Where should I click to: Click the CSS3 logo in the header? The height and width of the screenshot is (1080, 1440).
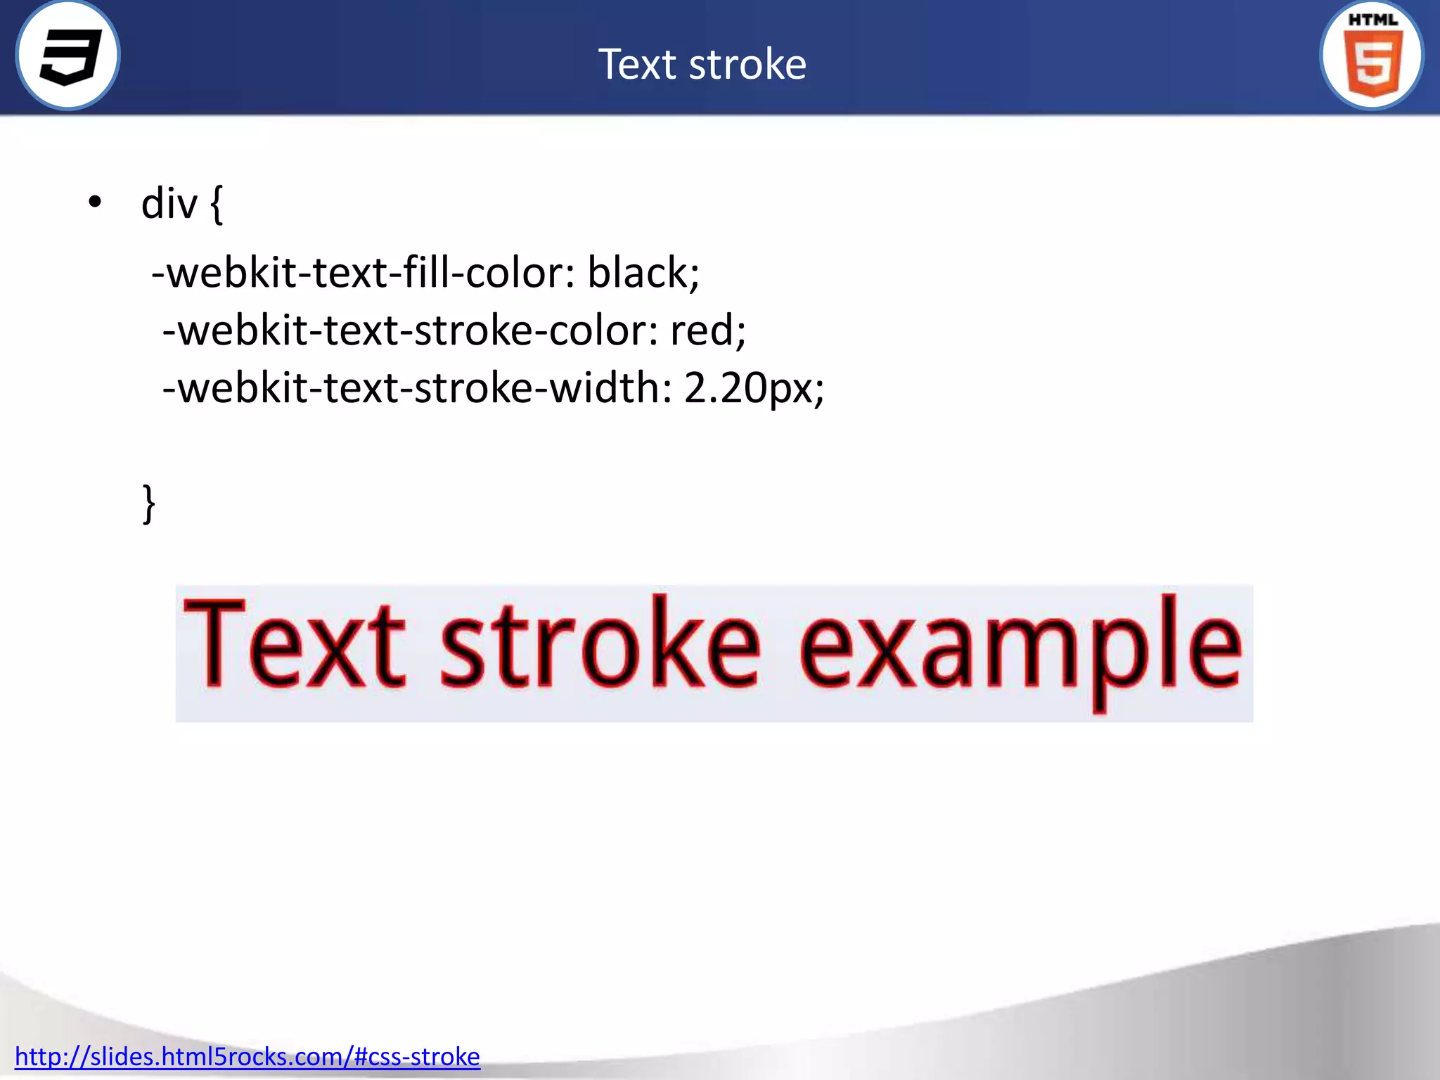click(x=68, y=56)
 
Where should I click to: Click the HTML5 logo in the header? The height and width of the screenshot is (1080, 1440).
click(x=1372, y=56)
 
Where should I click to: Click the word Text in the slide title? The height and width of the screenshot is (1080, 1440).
click(x=638, y=65)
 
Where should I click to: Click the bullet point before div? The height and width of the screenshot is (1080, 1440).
click(x=95, y=203)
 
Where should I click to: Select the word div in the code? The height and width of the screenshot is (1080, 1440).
click(x=169, y=205)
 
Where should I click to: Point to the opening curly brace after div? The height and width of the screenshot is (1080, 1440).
click(x=217, y=205)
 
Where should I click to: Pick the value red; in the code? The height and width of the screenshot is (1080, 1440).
click(x=707, y=330)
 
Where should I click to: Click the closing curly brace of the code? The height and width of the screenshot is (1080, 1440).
click(x=148, y=503)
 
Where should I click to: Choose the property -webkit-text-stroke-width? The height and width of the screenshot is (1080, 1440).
click(x=417, y=387)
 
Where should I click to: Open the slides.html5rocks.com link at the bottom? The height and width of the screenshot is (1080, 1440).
click(x=247, y=1057)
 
